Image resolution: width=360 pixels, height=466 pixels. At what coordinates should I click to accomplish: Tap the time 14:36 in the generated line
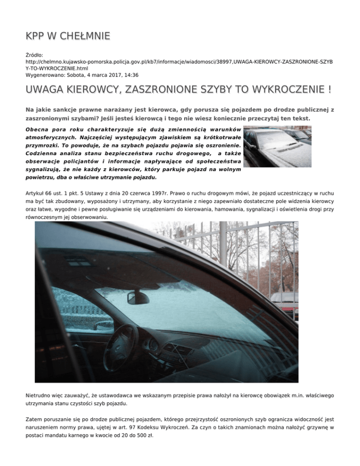131,75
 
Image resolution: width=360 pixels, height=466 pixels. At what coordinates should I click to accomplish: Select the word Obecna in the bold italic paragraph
38,129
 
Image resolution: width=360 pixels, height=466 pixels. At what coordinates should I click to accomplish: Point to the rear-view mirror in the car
138,297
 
